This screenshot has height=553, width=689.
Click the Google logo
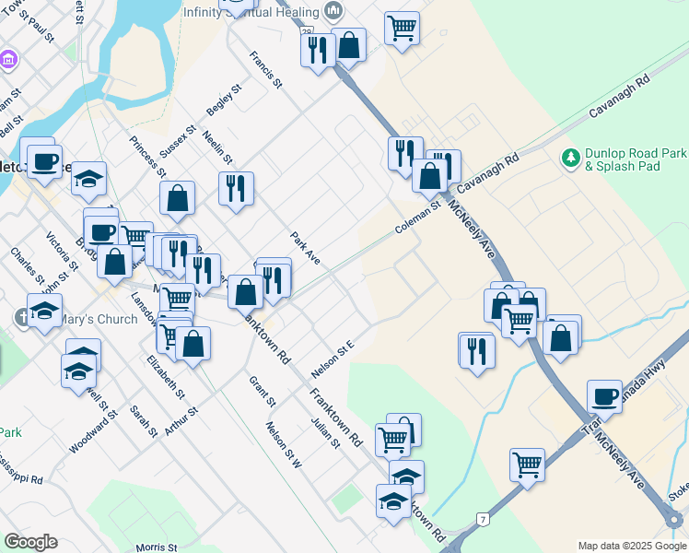coord(30,542)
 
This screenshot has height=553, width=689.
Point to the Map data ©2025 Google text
coord(631,546)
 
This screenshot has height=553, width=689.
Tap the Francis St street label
coord(264,69)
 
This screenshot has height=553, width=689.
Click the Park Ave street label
coord(305,248)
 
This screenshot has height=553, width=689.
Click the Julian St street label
coord(326,430)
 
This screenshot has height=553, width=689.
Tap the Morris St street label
coord(156,547)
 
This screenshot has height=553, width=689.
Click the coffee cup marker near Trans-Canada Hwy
coord(604,396)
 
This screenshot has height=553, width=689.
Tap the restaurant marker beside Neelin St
coord(236,189)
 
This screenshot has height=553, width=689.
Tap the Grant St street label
coord(262,390)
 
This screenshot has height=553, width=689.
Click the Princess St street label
coord(147,157)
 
